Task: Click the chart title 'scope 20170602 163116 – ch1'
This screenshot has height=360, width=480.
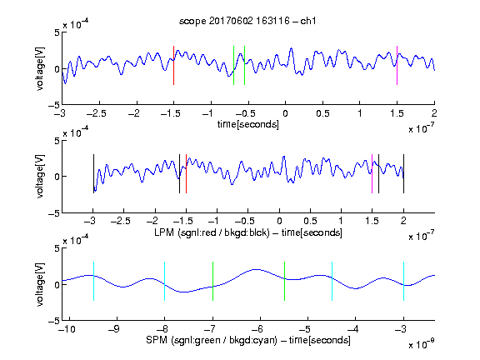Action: pos(247,21)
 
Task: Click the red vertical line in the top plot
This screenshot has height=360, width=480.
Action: pos(173,66)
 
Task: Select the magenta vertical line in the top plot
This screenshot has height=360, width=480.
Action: pos(397,66)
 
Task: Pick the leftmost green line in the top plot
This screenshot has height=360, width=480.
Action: pos(233,66)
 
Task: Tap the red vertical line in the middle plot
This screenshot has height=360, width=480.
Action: pos(186,174)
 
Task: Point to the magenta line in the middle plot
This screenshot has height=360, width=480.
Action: pos(372,174)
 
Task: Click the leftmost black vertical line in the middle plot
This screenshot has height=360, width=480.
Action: pos(93,174)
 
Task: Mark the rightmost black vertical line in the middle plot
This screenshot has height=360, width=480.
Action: pos(403,174)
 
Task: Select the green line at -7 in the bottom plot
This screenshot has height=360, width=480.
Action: pos(212,282)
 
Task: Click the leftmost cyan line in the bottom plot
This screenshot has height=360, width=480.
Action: pos(93,282)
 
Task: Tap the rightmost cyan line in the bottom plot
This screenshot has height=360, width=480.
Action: pos(403,282)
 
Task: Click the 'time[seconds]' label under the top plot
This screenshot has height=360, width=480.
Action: pos(248,124)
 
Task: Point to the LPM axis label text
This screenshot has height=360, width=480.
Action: pos(248,232)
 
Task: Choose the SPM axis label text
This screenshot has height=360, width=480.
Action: pos(248,340)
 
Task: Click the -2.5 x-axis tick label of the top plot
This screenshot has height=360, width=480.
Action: pos(96,113)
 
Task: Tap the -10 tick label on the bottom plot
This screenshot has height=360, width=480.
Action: pos(67,329)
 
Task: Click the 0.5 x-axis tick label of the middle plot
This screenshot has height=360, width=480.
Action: pos(310,221)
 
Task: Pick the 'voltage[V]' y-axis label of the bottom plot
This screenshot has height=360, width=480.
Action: pos(40,284)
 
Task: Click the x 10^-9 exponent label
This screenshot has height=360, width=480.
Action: pos(421,343)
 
